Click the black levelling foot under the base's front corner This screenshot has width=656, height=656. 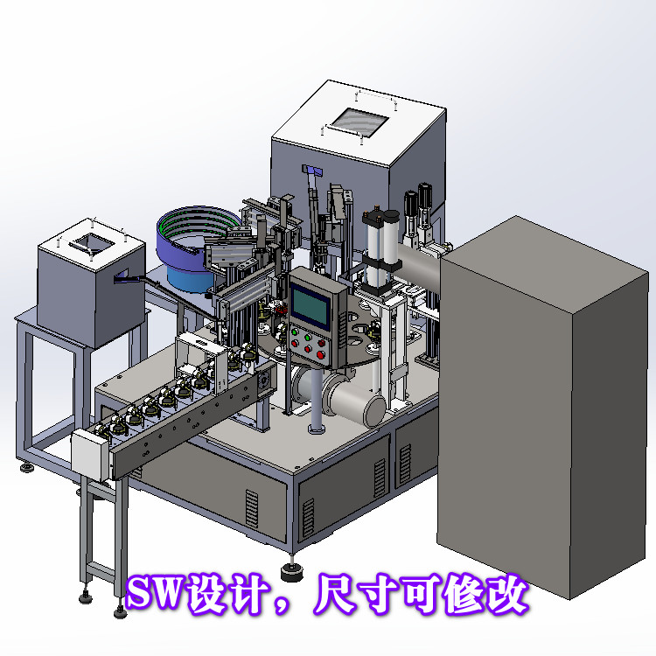coord(291,573)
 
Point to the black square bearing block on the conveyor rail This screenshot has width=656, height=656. coord(261,384)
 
